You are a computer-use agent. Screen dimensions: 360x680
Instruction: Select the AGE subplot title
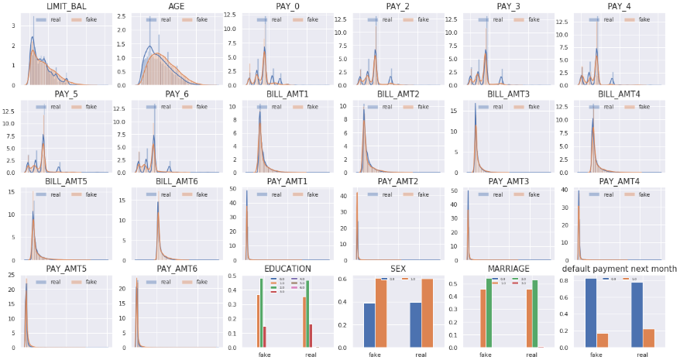176,7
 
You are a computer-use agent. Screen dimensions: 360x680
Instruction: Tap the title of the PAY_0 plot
287,7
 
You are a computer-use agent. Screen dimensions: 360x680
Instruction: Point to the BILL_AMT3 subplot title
509,94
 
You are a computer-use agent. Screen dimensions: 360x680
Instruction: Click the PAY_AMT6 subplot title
177,269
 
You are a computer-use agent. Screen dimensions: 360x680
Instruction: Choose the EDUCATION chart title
287,269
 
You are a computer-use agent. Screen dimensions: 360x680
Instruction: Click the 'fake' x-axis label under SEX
375,354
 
